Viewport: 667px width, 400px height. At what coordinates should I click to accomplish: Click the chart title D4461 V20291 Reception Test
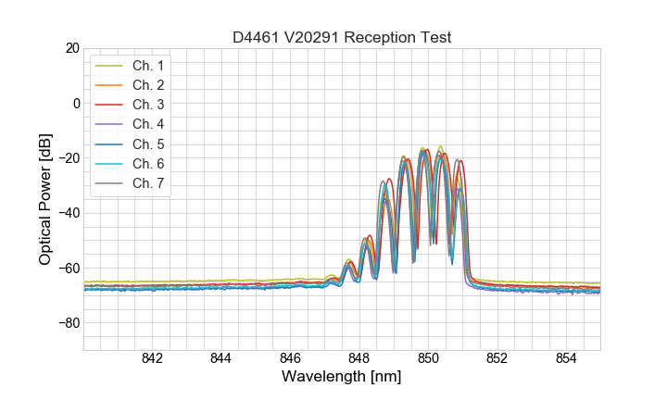[x=342, y=38]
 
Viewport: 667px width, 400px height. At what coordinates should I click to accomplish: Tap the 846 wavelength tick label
[x=290, y=359]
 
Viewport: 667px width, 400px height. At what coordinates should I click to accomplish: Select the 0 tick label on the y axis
[x=76, y=103]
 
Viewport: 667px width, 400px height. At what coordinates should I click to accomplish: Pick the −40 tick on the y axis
[x=69, y=213]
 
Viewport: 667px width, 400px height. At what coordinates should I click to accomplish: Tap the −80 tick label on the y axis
[x=69, y=323]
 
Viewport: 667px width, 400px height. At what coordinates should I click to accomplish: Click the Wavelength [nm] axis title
[x=342, y=378]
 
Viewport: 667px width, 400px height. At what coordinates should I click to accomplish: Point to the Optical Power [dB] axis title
[x=45, y=199]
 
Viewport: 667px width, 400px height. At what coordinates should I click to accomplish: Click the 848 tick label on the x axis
[x=359, y=359]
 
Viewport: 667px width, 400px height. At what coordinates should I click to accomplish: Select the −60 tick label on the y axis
[x=69, y=269]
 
